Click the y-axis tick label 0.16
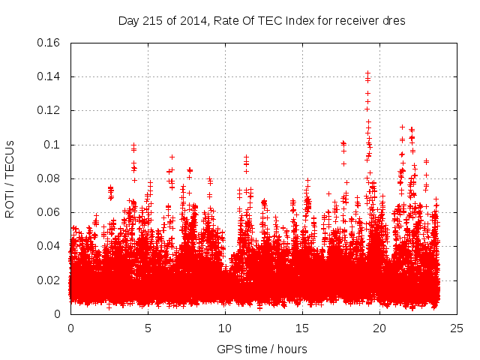49,43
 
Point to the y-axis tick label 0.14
49,76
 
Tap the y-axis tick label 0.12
49,110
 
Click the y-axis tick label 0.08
49,178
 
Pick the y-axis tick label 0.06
49,212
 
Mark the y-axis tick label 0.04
49,246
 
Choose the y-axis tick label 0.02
49,280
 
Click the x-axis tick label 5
148,328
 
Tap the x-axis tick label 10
225,328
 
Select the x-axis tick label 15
302,328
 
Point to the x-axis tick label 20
379,328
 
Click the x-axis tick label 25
457,328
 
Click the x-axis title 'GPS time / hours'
262,349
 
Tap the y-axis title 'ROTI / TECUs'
10,178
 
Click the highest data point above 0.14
367,73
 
